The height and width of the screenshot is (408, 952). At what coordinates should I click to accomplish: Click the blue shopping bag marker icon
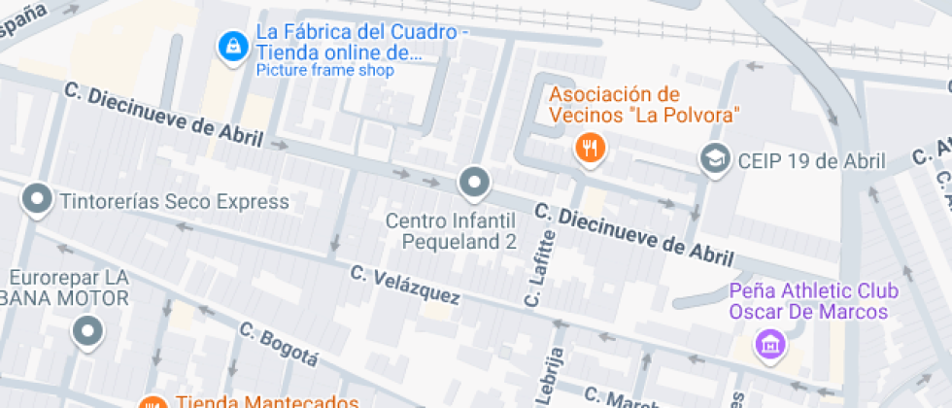pos(232,45)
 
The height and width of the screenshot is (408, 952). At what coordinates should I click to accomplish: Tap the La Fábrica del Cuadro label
pos(356,42)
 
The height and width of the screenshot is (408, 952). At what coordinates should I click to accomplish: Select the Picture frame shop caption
pos(324,70)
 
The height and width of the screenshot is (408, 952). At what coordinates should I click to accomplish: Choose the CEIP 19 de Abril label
pos(811,161)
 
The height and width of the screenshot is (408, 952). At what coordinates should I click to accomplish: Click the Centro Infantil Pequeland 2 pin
pos(474,182)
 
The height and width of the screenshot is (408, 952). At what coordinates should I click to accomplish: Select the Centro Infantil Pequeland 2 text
pos(451,231)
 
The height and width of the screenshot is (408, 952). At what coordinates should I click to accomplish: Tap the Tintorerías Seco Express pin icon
pos(37,201)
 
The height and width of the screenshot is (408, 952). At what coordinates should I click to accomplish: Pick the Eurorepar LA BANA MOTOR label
pos(69,288)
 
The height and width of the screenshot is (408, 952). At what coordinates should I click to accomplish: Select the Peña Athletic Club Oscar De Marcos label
pos(813,301)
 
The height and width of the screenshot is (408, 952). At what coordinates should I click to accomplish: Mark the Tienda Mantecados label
pos(268,401)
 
